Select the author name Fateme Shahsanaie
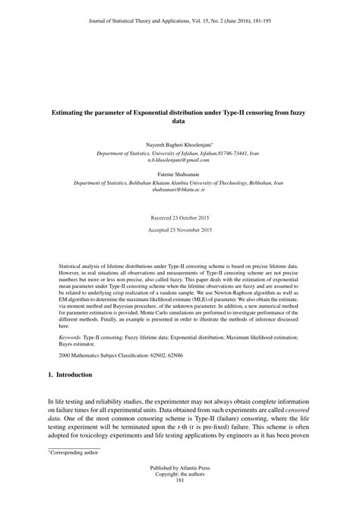[179, 174]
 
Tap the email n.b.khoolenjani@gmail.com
[179, 160]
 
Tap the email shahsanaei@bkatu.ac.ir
[179, 191]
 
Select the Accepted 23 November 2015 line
[179, 230]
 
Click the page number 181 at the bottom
[179, 501]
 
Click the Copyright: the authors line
[179, 494]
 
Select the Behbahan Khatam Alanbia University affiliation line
[179, 183]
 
